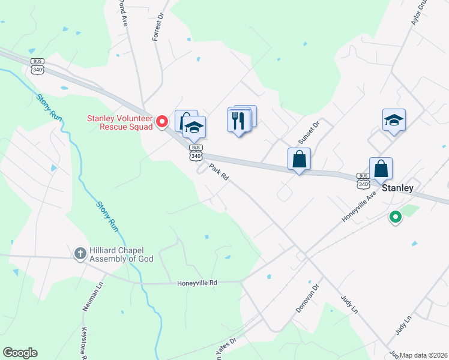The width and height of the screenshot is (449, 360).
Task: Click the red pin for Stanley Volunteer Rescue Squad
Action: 161,122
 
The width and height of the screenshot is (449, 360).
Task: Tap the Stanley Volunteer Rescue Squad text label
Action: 120,122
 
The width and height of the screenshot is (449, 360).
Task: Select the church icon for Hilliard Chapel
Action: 79,253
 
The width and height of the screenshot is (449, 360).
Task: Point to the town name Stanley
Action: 398,188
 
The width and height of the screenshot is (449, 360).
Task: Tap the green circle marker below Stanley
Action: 395,217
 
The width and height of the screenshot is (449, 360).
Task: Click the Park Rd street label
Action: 218,173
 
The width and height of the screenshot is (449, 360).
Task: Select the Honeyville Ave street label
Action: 358,207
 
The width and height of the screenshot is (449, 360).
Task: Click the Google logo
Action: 20,353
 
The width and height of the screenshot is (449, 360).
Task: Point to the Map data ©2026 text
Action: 424,355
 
